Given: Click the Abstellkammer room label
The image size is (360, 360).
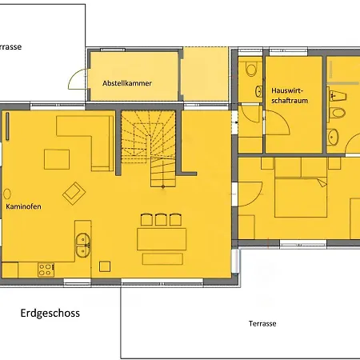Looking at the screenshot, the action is pos(127,83).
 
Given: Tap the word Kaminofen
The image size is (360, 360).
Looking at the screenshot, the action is pos(23,206).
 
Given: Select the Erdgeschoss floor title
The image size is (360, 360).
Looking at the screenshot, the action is pos(50,313).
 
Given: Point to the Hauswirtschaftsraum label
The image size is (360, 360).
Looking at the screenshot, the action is pos(290,95).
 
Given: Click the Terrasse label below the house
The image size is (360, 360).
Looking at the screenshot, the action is pos(262,323).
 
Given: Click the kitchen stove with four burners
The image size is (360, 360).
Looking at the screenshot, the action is pos(46,270).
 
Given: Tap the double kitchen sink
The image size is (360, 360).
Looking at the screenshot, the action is pos(82,246).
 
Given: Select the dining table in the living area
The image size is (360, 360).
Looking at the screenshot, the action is pos(162,239).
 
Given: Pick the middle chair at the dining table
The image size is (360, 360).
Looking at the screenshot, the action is pos(161,219).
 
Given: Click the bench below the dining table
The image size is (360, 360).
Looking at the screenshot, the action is pos(162,259).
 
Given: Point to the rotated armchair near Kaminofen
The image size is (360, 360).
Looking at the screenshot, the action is pos(74,194).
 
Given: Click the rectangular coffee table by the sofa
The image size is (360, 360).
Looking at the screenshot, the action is pos(57,159).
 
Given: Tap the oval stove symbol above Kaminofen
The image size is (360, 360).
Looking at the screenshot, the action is pos(7,194).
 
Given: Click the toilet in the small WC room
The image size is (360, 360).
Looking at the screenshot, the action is pos(251,69).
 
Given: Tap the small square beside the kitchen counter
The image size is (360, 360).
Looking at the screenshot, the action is pos(105,266).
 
